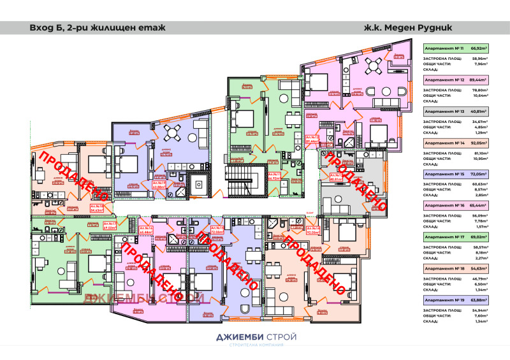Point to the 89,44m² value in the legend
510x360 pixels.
point(478,80)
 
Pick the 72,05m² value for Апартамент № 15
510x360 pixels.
point(478,173)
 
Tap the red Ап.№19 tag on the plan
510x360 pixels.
point(159,185)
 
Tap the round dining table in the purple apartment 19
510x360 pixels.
point(171,133)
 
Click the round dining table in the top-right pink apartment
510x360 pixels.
point(375,62)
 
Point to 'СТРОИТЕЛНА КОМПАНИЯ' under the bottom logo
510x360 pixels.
point(254,346)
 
